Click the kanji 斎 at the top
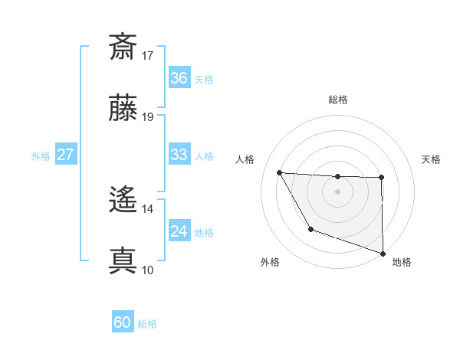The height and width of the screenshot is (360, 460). coord(123,46)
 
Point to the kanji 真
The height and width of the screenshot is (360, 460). coord(123,260)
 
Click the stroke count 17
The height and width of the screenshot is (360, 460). coord(148,55)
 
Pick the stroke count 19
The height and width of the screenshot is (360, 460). coord(148,117)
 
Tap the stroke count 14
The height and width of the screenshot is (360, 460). coord(148,208)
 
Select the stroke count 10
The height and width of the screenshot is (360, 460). coord(148,270)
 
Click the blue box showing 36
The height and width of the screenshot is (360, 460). coord(179,78)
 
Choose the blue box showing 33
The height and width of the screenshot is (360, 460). coord(179,155)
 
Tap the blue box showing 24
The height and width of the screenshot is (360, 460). coord(179,231)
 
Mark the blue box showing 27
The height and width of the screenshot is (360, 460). coord(65,155)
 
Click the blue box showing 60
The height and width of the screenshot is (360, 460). coord(123,323)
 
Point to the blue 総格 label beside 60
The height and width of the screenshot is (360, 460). coord(147,324)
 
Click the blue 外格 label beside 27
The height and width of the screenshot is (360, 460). coord(41,155)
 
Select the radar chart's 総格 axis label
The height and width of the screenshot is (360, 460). coord(338,100)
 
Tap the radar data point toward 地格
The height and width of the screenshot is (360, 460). coord(382,252)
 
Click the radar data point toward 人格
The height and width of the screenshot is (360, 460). coord(280,172)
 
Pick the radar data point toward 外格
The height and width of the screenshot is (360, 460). coord(310,229)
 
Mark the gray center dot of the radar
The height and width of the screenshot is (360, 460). coord(338,191)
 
